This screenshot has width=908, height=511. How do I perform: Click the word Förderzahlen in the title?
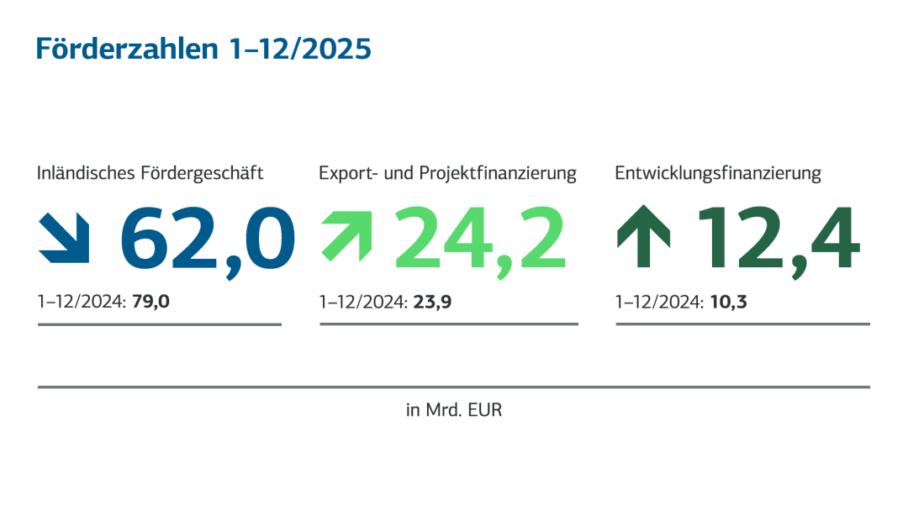click(125, 49)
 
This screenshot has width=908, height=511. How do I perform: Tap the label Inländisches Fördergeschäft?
click(150, 173)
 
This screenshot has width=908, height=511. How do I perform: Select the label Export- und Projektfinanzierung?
click(447, 173)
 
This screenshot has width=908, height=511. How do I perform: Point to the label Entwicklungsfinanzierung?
click(718, 174)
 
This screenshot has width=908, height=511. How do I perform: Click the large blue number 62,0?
click(208, 238)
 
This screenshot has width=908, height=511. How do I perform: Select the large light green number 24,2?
click(481, 240)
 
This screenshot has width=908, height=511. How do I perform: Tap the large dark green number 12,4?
click(778, 238)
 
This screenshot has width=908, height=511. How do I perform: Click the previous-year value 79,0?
click(151, 301)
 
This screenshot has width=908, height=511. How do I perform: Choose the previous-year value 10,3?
click(729, 301)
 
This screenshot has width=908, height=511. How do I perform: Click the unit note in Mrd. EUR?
click(454, 411)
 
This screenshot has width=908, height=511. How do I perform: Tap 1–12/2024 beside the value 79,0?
click(81, 301)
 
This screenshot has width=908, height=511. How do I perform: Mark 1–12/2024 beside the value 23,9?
click(363, 301)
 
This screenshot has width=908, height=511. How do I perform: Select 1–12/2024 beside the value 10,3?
click(659, 301)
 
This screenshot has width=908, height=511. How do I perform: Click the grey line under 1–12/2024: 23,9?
click(449, 324)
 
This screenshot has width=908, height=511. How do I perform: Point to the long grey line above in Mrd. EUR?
click(454, 387)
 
